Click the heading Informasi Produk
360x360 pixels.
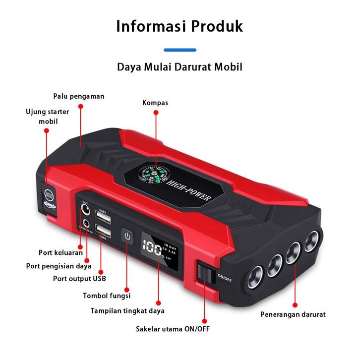pos(180,26)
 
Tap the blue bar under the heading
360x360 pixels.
pos(180,50)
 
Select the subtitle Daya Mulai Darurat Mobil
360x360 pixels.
pos(180,66)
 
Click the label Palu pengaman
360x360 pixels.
pos(79,96)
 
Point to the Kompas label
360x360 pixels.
pos(155,103)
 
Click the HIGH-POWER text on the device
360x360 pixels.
pos(190,191)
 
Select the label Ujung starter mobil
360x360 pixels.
pos(48,116)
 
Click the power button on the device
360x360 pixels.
pos(127,237)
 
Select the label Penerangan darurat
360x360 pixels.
pos(293,314)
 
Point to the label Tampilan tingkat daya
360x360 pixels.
pos(127,311)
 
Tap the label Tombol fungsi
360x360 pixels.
pos(106,296)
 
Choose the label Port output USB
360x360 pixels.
pos(79,278)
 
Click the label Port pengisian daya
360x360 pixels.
pos(59,266)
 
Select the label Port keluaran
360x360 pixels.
pos(60,252)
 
